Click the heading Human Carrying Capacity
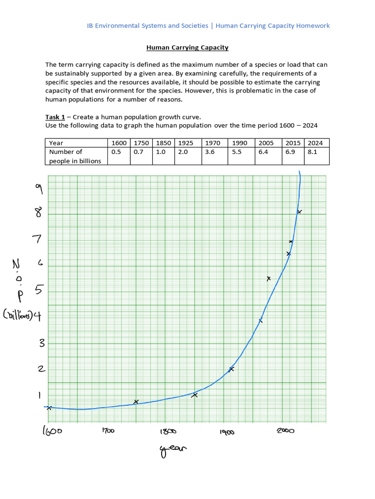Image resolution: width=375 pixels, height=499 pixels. [x=187, y=48]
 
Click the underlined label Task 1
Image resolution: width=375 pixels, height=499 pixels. [x=55, y=117]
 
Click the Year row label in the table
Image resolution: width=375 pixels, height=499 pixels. [x=56, y=143]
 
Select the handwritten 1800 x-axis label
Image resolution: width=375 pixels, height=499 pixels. [x=167, y=431]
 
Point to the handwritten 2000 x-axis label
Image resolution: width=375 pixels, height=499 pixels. [x=286, y=431]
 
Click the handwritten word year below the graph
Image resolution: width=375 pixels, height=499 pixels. [x=173, y=451]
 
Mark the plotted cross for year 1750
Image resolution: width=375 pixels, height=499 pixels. [x=136, y=402]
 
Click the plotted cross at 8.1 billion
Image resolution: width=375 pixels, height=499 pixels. [x=299, y=211]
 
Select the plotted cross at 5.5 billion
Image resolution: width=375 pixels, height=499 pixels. [x=269, y=279]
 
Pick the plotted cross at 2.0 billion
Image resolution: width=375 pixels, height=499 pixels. [x=231, y=369]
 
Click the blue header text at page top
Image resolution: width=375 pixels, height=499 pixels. [x=208, y=26]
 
